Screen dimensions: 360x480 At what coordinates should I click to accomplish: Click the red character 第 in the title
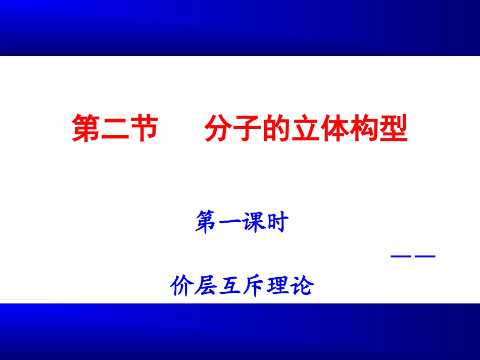click(x=86, y=129)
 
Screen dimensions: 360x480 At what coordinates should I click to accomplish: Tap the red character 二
click(x=115, y=129)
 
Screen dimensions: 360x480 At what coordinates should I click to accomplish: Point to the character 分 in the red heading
click(x=218, y=129)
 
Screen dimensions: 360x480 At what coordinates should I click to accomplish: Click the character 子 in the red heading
click(x=248, y=129)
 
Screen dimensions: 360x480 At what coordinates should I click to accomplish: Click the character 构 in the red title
click(x=365, y=129)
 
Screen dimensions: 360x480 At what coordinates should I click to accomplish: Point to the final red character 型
click(x=394, y=129)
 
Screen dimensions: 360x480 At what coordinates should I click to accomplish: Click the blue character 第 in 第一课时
click(x=207, y=223)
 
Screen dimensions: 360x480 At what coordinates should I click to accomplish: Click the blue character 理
click(x=278, y=286)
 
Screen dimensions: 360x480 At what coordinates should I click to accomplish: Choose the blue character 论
click(x=302, y=286)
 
